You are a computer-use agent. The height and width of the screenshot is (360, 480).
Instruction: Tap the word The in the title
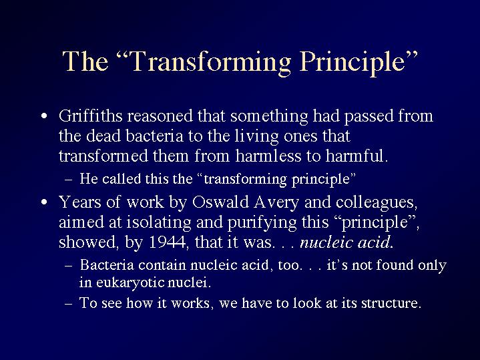tap(85, 61)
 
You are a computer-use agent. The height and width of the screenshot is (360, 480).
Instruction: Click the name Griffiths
tap(91, 116)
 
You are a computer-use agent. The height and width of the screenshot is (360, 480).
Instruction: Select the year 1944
tap(167, 242)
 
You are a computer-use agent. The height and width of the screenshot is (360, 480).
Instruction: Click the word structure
tap(389, 303)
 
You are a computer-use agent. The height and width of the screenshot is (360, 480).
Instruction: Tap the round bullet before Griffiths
tap(44, 116)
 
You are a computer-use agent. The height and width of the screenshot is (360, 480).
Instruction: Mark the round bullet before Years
tap(44, 202)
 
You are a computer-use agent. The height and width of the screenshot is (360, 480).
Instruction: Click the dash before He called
tap(69, 180)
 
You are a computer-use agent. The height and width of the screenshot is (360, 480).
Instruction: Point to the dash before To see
tap(69, 304)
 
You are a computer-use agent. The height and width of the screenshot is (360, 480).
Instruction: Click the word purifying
tap(262, 223)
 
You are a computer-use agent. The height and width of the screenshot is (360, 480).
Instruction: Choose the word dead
tap(103, 136)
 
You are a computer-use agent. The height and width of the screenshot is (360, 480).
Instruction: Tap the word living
tap(256, 137)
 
